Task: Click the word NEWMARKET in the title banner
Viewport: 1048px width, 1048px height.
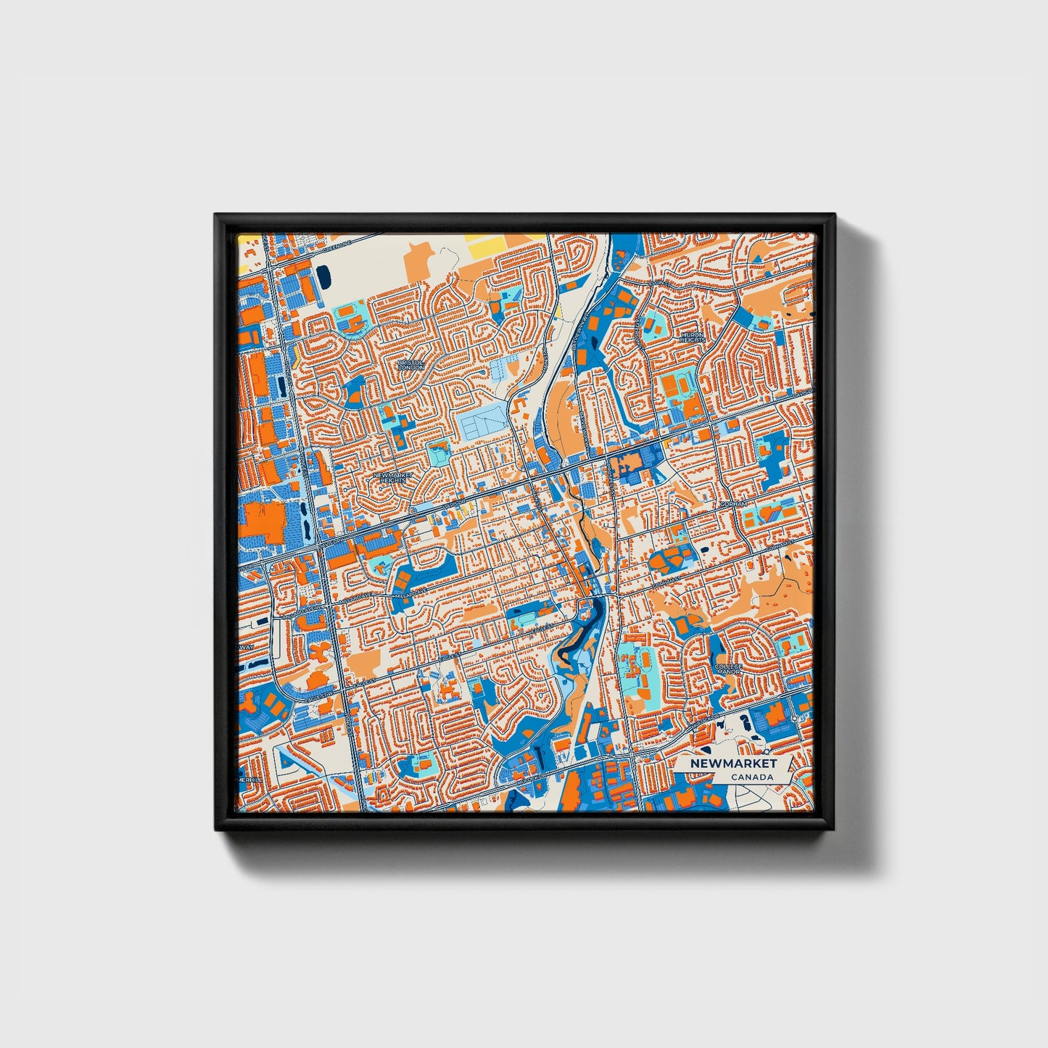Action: point(733,764)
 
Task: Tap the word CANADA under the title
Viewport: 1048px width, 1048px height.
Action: point(751,777)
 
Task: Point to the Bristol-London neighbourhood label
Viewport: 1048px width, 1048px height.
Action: point(410,365)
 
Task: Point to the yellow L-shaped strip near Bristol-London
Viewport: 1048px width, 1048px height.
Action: point(297,356)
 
